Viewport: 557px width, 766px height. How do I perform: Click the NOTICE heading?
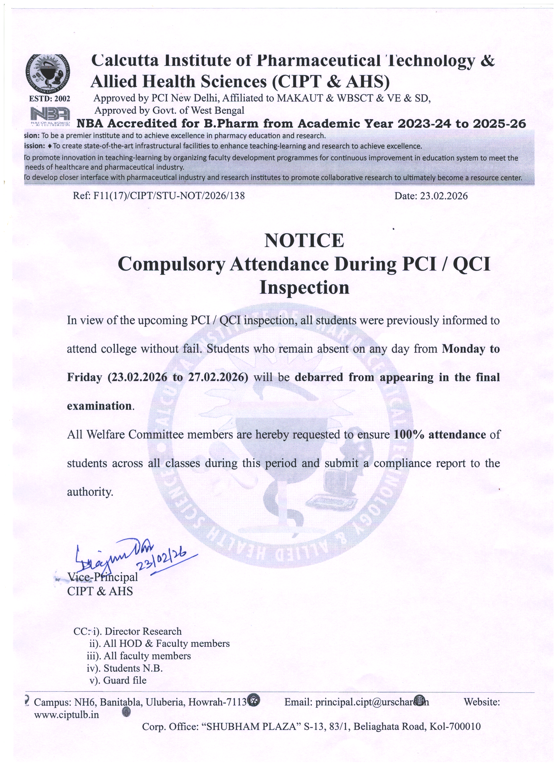[304, 240]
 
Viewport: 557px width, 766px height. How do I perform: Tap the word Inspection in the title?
[304, 288]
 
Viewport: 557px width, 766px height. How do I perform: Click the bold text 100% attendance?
[440, 434]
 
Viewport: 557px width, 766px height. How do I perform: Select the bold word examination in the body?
[99, 406]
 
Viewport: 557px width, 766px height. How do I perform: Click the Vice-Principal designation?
[103, 577]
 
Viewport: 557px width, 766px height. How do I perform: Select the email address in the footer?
[372, 702]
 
